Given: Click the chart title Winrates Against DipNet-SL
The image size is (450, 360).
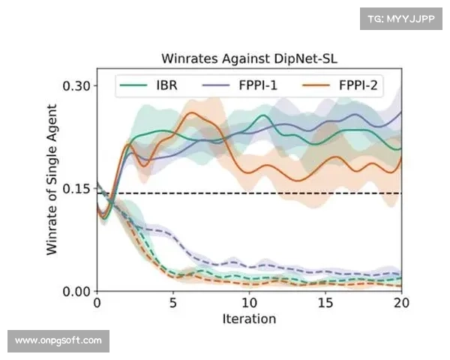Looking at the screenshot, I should coord(248,58).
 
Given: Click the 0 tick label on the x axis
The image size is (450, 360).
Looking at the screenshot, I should coord(97,304).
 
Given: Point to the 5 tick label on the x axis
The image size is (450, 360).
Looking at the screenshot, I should coord(172,304).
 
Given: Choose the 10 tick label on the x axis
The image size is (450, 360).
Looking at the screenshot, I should coord(249,304).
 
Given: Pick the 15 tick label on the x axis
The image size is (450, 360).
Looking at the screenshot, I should coord(325,304).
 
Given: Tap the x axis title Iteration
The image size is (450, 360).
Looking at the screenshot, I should coord(249,319).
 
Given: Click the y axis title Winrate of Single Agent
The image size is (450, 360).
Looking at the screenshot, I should coord(52,187).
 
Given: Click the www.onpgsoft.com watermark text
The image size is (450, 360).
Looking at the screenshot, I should coord(59,341).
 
